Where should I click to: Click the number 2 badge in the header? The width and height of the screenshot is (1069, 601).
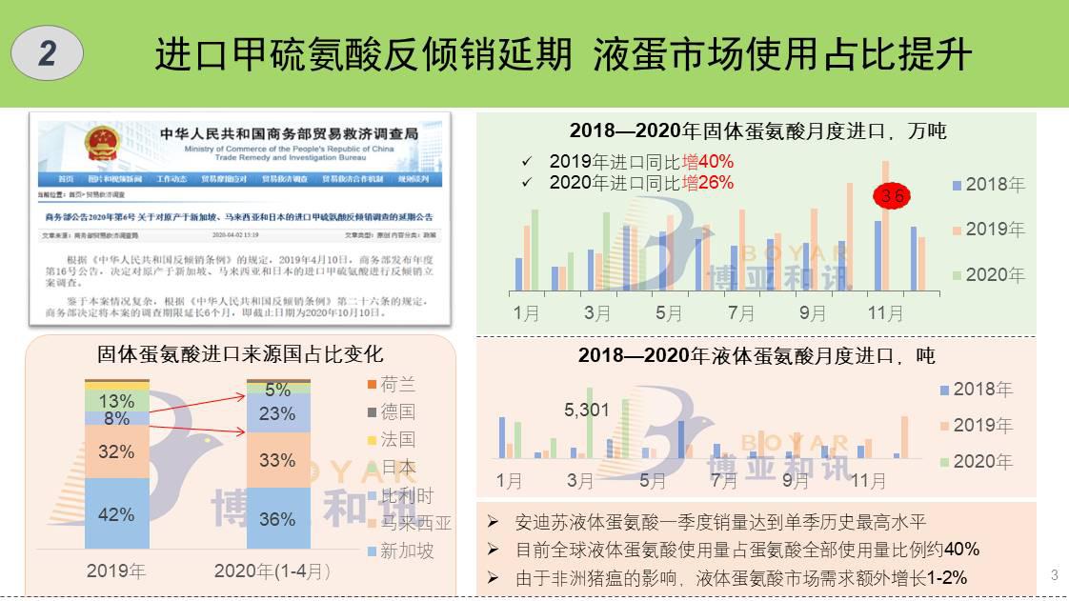tap(47, 54)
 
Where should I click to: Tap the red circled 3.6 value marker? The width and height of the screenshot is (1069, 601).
tap(892, 196)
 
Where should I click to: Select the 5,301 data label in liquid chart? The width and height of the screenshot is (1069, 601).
tap(587, 411)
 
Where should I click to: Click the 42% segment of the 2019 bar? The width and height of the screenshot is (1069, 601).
tap(116, 514)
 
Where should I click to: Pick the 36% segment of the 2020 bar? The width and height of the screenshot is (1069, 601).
tap(277, 519)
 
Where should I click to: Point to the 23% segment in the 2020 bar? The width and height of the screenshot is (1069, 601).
tap(277, 413)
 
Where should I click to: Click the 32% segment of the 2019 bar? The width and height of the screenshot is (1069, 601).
tap(116, 451)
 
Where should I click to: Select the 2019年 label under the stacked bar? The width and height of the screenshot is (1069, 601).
tap(116, 571)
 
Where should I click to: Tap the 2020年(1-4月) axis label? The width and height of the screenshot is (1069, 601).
tap(272, 571)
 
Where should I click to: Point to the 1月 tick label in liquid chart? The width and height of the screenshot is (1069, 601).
tap(509, 480)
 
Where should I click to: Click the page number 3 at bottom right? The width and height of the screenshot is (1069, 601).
tap(1054, 574)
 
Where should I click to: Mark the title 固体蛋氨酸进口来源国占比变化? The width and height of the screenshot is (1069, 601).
tap(240, 354)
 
